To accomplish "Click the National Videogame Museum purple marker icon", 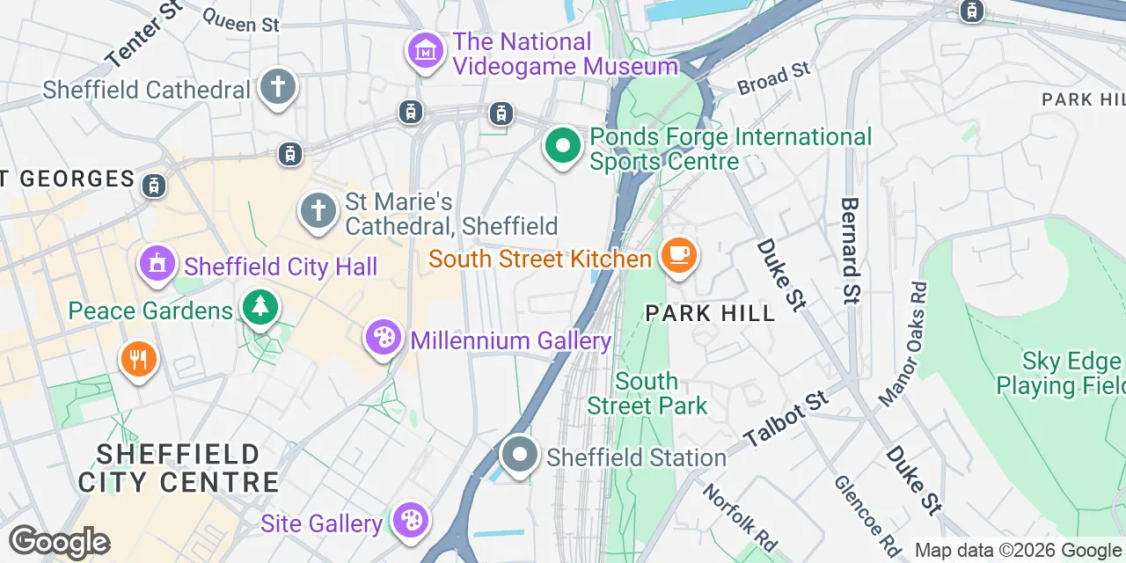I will [427, 53].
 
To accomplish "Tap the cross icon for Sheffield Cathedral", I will [278, 88].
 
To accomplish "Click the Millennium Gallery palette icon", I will [383, 339].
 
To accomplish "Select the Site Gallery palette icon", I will [409, 521].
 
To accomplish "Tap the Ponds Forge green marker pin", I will [562, 146].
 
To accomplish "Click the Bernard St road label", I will [850, 250].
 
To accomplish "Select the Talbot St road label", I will [786, 419].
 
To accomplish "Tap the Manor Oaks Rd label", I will [903, 344].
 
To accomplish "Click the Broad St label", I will [774, 79].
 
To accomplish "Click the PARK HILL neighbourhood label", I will [710, 313].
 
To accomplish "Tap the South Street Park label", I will [647, 393].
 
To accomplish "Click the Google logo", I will [59, 542].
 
